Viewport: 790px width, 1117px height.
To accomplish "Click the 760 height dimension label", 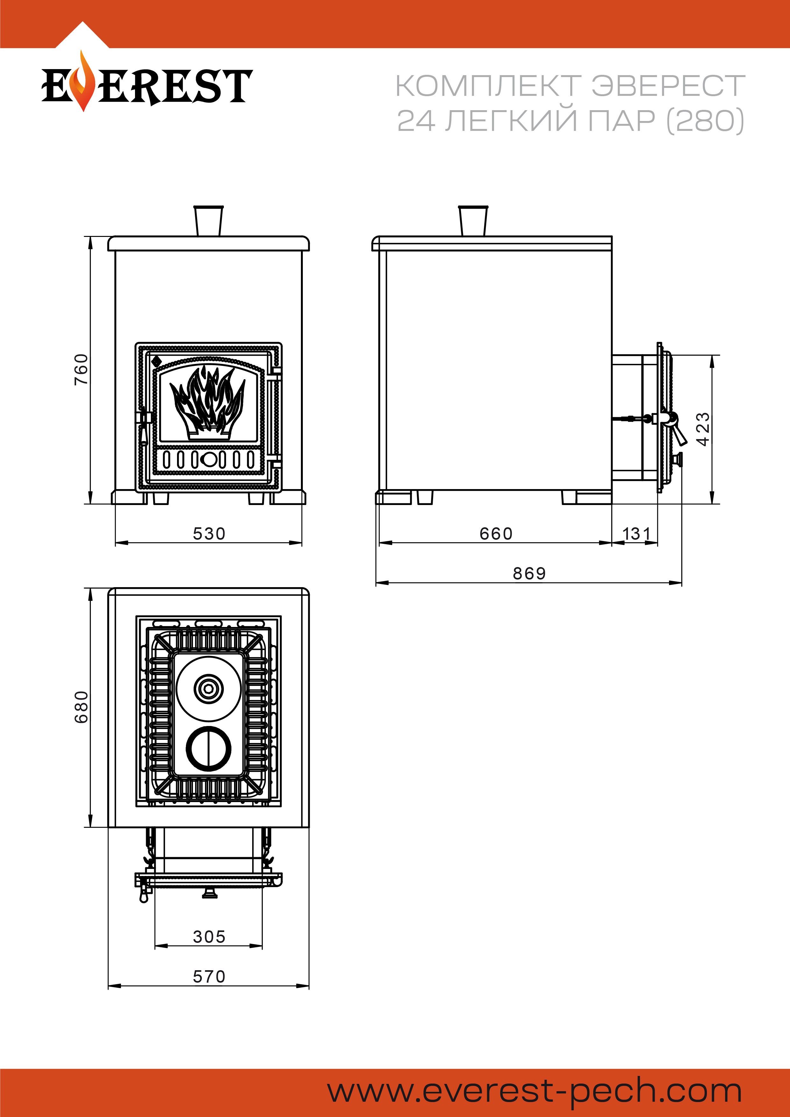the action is (81, 369).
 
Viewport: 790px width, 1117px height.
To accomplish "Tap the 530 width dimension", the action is (209, 534).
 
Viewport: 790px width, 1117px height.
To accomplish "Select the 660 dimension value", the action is (496, 534).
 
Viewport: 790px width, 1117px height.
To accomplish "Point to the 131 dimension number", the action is (636, 534).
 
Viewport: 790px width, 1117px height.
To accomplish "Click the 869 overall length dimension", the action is (529, 573).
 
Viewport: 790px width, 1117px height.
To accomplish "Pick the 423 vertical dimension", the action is (703, 429).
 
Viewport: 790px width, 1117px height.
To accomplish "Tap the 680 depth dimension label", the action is (81, 707).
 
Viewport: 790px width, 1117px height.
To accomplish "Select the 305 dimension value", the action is (209, 936).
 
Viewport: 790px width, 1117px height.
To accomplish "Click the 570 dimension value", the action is (209, 976).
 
